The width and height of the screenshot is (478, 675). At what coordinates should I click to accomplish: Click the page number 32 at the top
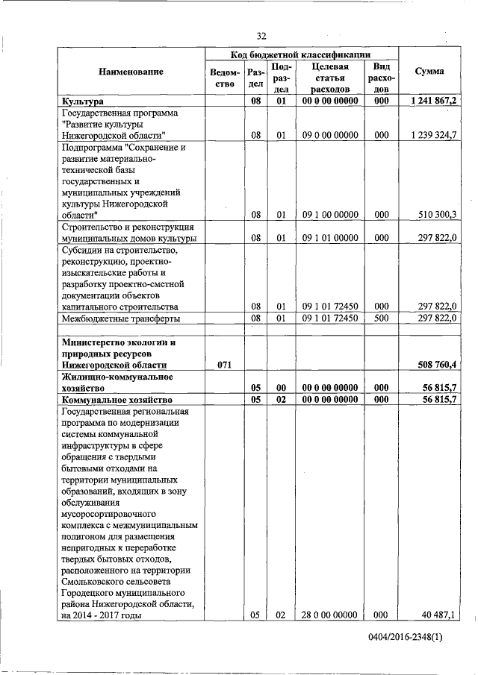(261, 36)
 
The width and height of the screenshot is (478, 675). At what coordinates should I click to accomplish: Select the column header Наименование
(131, 72)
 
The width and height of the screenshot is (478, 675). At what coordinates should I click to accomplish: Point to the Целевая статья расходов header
(330, 78)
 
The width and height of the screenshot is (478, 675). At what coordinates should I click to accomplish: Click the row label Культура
(83, 101)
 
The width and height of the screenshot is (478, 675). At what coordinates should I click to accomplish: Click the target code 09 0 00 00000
(330, 135)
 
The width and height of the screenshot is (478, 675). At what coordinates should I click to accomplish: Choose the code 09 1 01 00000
(330, 238)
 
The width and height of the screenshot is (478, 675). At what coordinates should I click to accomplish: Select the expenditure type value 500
(381, 318)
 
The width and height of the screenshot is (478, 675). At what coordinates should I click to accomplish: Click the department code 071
(224, 365)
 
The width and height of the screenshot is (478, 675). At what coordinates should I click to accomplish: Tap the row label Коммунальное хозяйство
(114, 401)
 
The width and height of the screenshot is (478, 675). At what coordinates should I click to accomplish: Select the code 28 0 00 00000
(330, 615)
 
